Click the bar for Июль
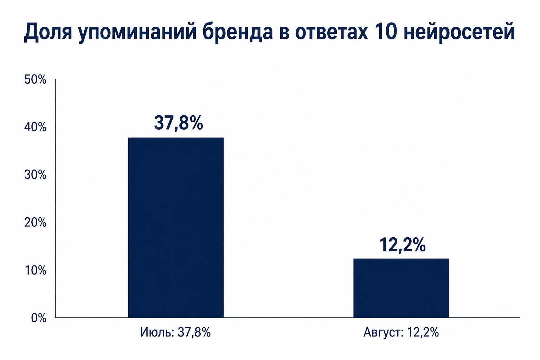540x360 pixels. (176, 227)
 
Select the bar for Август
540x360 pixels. (401, 288)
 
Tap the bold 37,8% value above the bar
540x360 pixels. (178, 123)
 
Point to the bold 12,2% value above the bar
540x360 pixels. (402, 245)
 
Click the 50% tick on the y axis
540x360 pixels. (35, 79)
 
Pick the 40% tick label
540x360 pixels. (35, 127)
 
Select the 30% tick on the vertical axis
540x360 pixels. (35, 175)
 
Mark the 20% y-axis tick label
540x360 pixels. (35, 223)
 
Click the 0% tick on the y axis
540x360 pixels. (39, 318)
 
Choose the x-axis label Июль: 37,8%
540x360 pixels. (175, 333)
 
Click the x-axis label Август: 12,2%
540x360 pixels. (401, 333)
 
